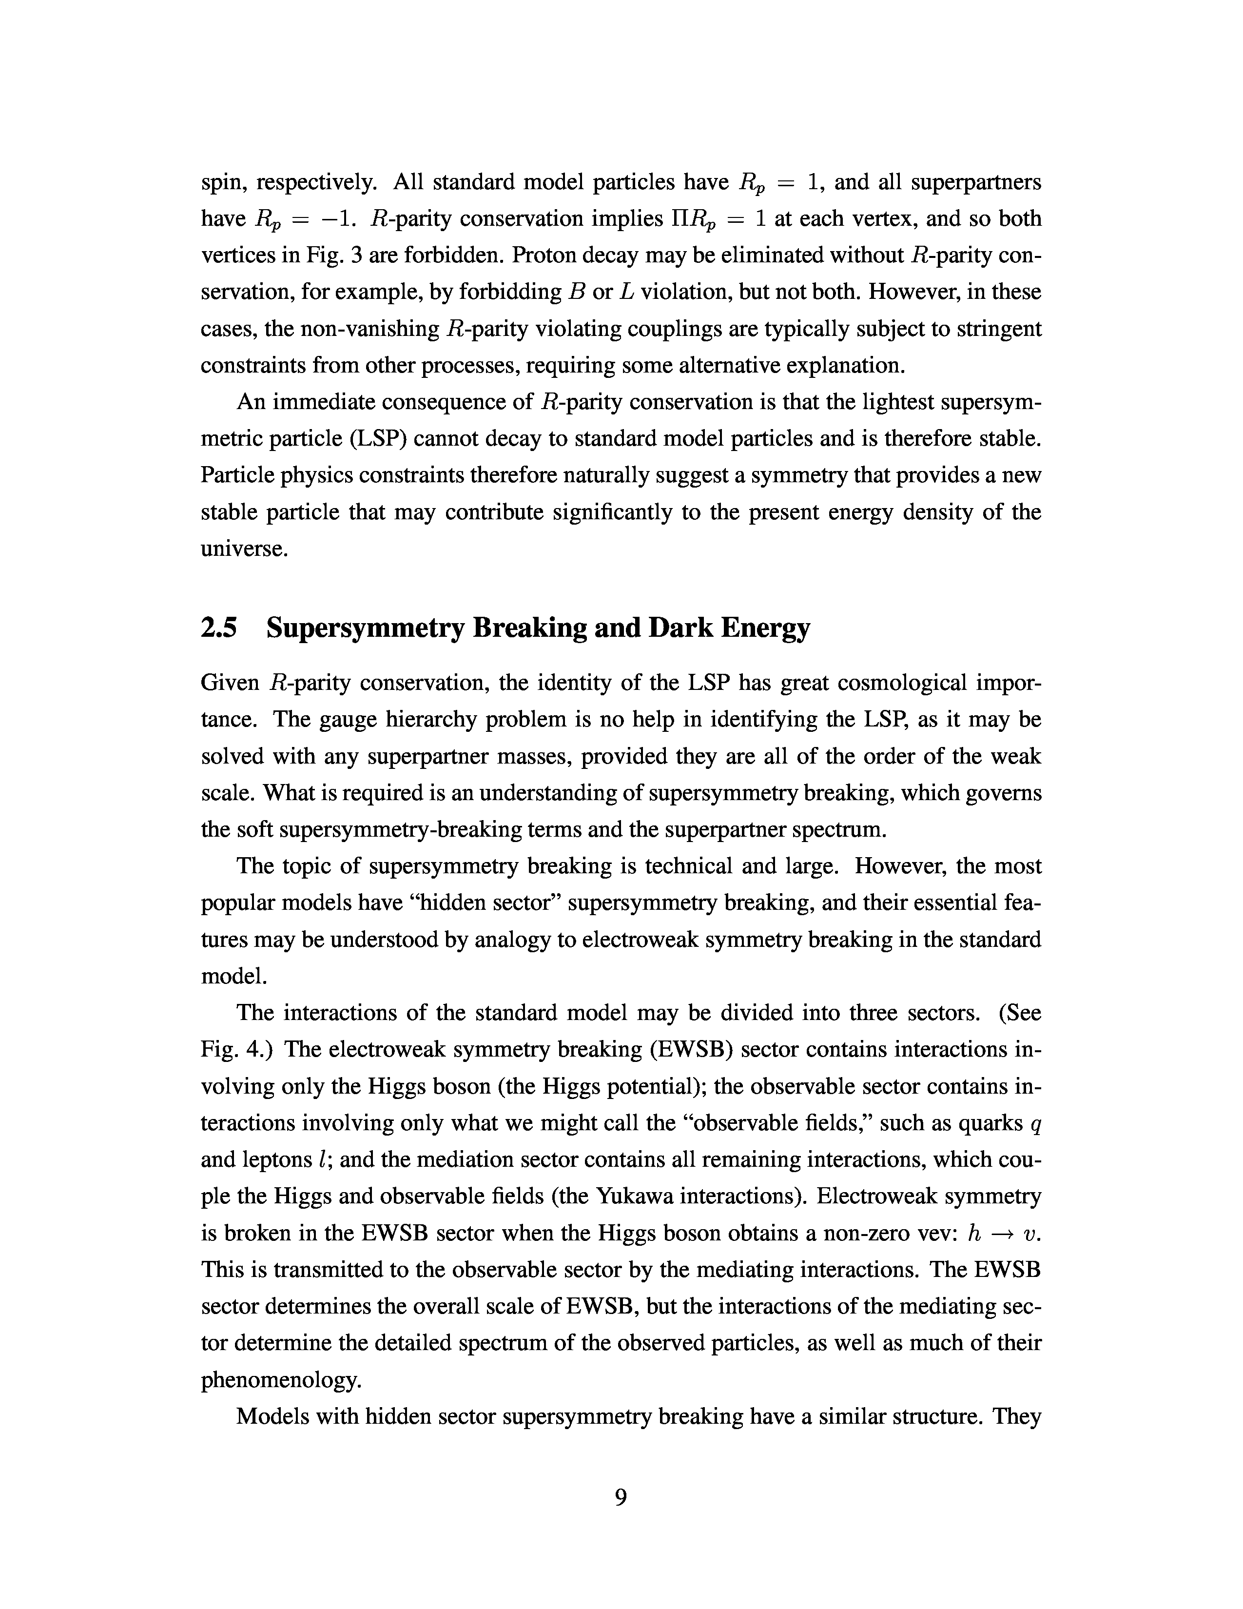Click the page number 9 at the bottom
(x=621, y=1497)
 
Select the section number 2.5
(x=219, y=628)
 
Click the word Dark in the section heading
(x=678, y=628)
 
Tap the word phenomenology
(x=281, y=1380)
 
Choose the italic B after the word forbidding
(x=577, y=293)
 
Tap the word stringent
(x=998, y=329)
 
